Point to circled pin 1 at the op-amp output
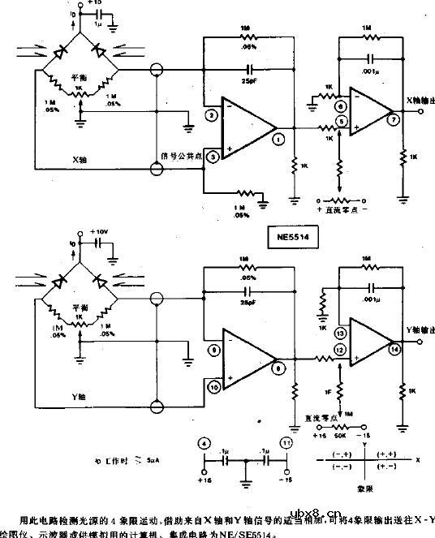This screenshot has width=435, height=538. [x=279, y=140]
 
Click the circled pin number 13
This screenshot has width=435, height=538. [x=340, y=334]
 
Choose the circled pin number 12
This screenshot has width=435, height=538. [x=340, y=349]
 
